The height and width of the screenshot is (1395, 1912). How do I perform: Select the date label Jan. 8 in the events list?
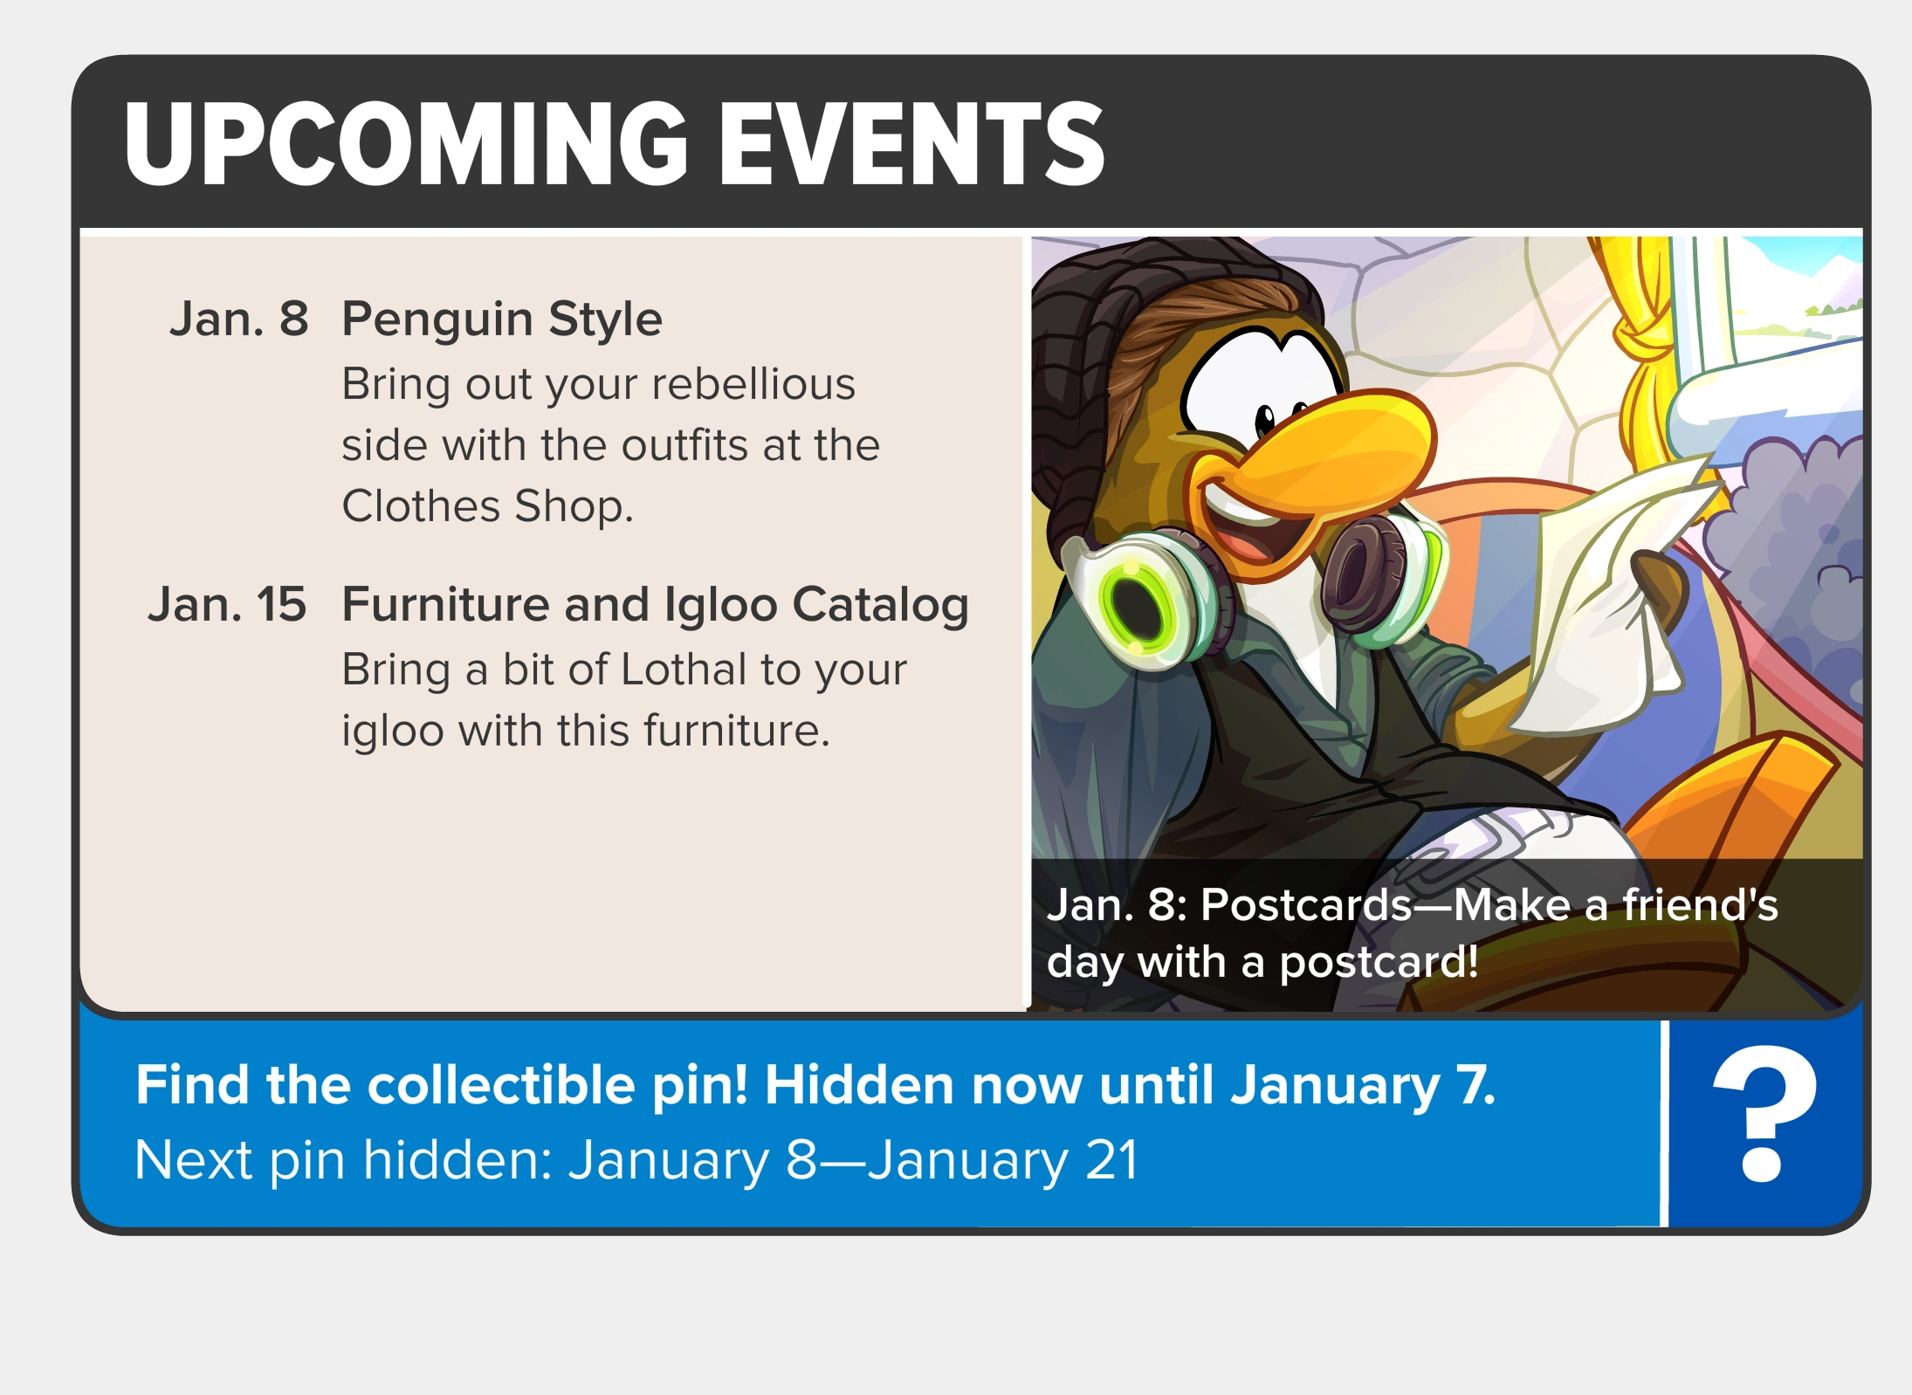pyautogui.click(x=239, y=319)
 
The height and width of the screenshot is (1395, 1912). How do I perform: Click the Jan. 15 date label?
pyautogui.click(x=228, y=604)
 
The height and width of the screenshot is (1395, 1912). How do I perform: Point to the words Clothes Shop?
pyautogui.click(x=487, y=506)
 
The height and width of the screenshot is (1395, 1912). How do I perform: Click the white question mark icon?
pyautogui.click(x=1764, y=1114)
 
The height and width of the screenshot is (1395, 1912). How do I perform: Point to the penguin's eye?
pyautogui.click(x=1265, y=420)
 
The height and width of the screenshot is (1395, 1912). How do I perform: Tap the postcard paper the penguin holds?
pyautogui.click(x=1598, y=602)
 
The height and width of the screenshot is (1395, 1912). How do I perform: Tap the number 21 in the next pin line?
pyautogui.click(x=1111, y=1160)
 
